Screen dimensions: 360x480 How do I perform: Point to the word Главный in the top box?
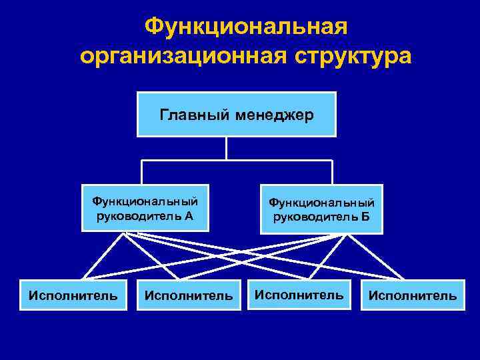coord(189,115)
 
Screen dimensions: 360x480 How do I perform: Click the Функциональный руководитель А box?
coord(145,208)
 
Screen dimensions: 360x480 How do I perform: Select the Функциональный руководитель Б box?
coord(321,209)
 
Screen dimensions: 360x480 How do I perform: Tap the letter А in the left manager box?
coord(189,215)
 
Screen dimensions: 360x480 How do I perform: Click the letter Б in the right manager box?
coord(366,217)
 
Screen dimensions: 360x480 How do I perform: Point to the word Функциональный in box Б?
coord(321,203)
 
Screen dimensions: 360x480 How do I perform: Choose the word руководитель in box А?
coord(139,215)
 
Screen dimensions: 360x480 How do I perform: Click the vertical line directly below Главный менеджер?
coord(227,148)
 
